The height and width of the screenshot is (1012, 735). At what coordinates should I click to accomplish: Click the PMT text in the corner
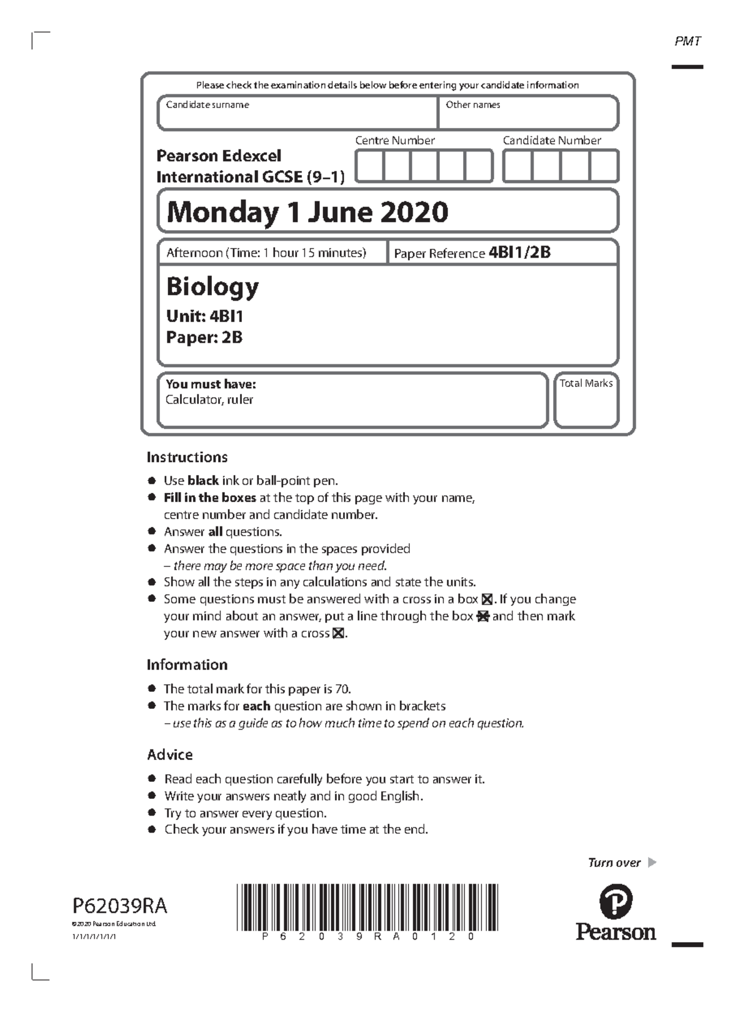[x=687, y=42]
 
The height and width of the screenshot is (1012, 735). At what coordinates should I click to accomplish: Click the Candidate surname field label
[x=207, y=105]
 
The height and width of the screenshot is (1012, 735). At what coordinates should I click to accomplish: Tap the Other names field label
[x=472, y=105]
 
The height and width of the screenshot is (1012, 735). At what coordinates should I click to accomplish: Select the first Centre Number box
[x=369, y=166]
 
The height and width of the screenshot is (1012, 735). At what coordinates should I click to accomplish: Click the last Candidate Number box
[x=604, y=166]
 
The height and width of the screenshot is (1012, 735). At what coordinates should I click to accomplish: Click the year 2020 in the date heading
[x=414, y=212]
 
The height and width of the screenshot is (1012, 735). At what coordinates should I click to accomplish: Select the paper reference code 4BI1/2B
[x=519, y=252]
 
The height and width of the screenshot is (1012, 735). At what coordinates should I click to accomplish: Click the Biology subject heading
[x=213, y=287]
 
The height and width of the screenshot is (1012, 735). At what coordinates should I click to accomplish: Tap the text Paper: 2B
[x=204, y=337]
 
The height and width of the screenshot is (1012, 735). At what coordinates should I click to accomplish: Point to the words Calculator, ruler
[x=209, y=400]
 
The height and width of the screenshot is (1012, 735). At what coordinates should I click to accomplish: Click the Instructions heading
[x=187, y=457]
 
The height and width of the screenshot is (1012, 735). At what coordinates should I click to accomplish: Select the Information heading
[x=187, y=665]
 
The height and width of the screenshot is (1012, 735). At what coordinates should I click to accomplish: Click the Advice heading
[x=170, y=755]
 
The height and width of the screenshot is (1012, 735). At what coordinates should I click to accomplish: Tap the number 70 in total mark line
[x=342, y=689]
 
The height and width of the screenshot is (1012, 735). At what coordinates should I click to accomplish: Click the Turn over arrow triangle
[x=652, y=863]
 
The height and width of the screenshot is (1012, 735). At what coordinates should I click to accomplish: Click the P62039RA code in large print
[x=119, y=905]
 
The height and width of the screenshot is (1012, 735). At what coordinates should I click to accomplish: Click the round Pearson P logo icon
[x=615, y=902]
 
